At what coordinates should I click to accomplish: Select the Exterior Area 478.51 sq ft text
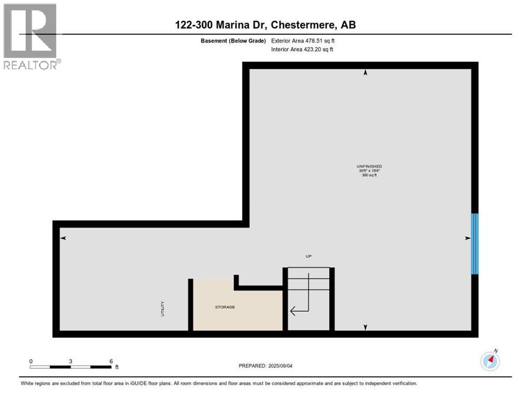click(303, 41)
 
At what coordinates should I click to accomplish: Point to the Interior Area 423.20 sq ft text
click(302, 50)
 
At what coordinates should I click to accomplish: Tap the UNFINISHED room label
click(369, 167)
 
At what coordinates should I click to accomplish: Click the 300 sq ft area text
click(369, 175)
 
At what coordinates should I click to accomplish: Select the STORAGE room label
click(225, 307)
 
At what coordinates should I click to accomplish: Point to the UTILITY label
click(163, 309)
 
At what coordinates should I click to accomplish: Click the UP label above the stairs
click(308, 256)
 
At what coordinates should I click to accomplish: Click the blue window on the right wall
click(474, 244)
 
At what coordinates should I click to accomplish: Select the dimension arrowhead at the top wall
click(365, 73)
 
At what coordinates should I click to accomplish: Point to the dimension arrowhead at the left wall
click(63, 238)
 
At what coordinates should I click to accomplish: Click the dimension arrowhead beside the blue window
click(467, 238)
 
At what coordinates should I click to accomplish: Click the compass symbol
click(490, 361)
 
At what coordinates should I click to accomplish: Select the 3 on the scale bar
click(71, 361)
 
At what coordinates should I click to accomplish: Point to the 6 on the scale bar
click(111, 361)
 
